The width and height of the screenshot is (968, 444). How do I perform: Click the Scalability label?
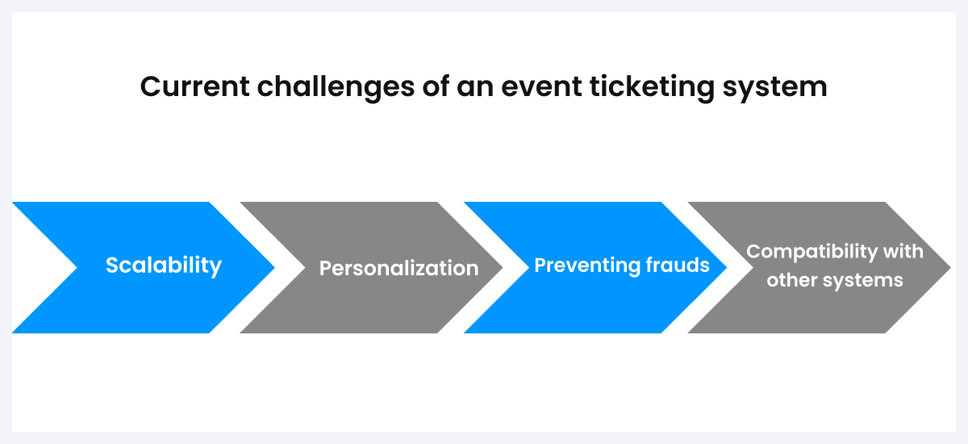(x=164, y=265)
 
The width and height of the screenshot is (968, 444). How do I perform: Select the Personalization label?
(x=399, y=268)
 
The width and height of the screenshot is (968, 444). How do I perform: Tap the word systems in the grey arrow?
(x=862, y=281)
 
